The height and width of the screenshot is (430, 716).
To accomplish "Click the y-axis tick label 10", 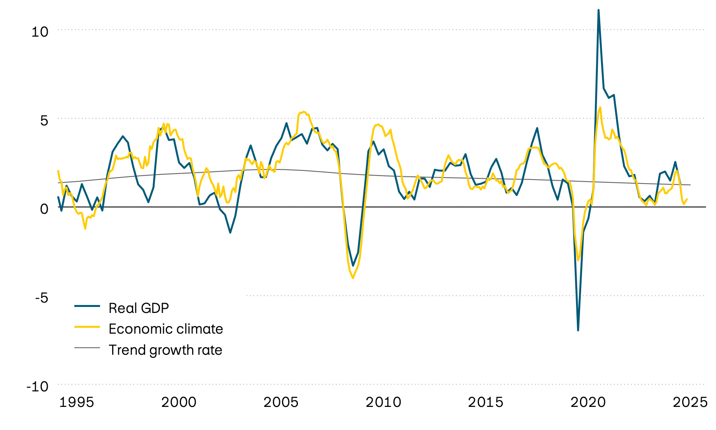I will point(40,32).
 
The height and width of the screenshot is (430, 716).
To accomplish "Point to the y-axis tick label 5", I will point(44,121).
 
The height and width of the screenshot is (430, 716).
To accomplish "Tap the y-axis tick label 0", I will point(44,209).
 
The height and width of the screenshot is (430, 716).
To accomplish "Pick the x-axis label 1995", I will point(77,402).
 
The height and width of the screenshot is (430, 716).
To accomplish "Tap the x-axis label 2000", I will point(179,402).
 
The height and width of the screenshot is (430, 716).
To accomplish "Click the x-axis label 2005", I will point(281,402).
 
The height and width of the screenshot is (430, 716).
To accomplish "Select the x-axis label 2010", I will point(383,402).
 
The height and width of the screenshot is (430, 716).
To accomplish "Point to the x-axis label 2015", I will point(486,402).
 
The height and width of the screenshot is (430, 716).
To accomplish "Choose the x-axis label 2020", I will point(588,402).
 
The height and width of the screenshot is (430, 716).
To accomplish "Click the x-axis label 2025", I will point(690,402).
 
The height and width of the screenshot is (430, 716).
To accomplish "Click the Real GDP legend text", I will point(138,308).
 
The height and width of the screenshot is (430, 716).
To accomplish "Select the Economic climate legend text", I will point(165,329).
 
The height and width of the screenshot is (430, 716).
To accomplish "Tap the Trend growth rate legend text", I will point(165,350).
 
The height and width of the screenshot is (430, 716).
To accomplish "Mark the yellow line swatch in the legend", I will point(87,326).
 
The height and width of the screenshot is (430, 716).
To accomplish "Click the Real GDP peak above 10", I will point(599,10).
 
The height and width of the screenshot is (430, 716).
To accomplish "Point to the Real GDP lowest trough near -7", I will point(578,330).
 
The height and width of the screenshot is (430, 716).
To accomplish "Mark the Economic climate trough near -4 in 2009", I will point(353,278).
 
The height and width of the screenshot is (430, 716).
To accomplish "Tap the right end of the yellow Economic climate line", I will point(687,199).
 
